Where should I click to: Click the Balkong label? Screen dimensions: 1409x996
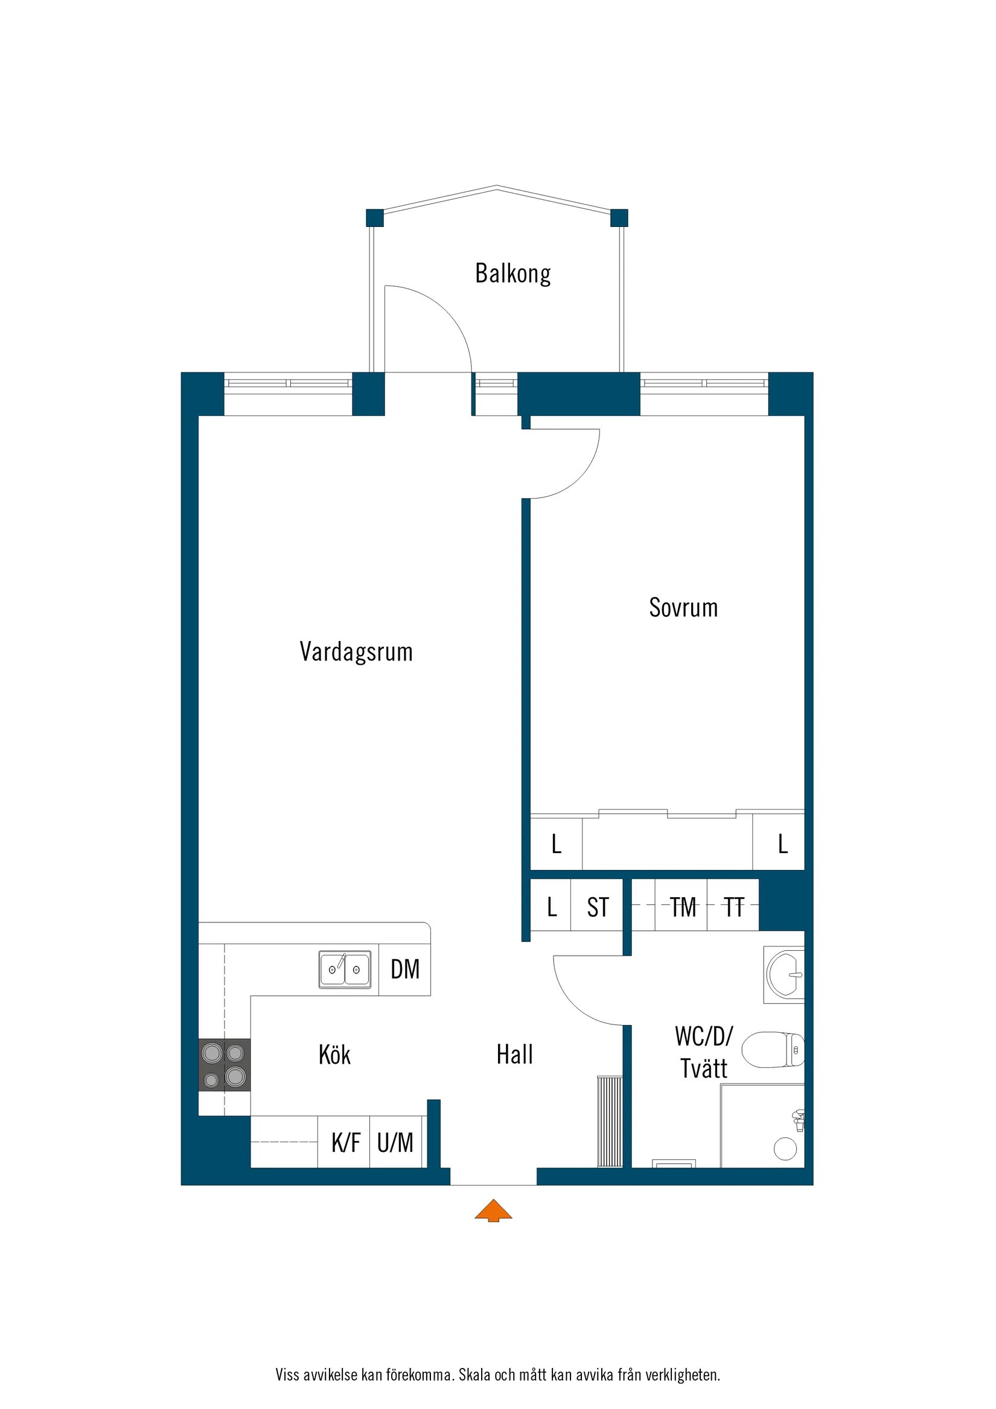[512, 273]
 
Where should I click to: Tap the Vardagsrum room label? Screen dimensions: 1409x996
[356, 652]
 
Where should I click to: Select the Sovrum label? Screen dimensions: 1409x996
[683, 607]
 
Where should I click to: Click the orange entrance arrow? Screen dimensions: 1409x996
[493, 1210]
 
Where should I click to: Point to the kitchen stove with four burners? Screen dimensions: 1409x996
[224, 1065]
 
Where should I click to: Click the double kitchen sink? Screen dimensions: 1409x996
[344, 969]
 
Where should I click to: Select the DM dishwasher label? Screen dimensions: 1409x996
[405, 969]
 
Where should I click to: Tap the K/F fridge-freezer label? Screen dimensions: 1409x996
[345, 1143]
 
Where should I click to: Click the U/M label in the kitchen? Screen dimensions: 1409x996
[395, 1143]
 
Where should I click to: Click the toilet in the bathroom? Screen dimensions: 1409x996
[773, 1049]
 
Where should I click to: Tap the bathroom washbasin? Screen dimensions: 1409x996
[785, 974]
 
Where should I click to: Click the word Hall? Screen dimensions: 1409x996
[514, 1055]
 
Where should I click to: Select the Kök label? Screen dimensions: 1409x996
[334, 1055]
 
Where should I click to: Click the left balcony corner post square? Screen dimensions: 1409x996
[374, 218]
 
